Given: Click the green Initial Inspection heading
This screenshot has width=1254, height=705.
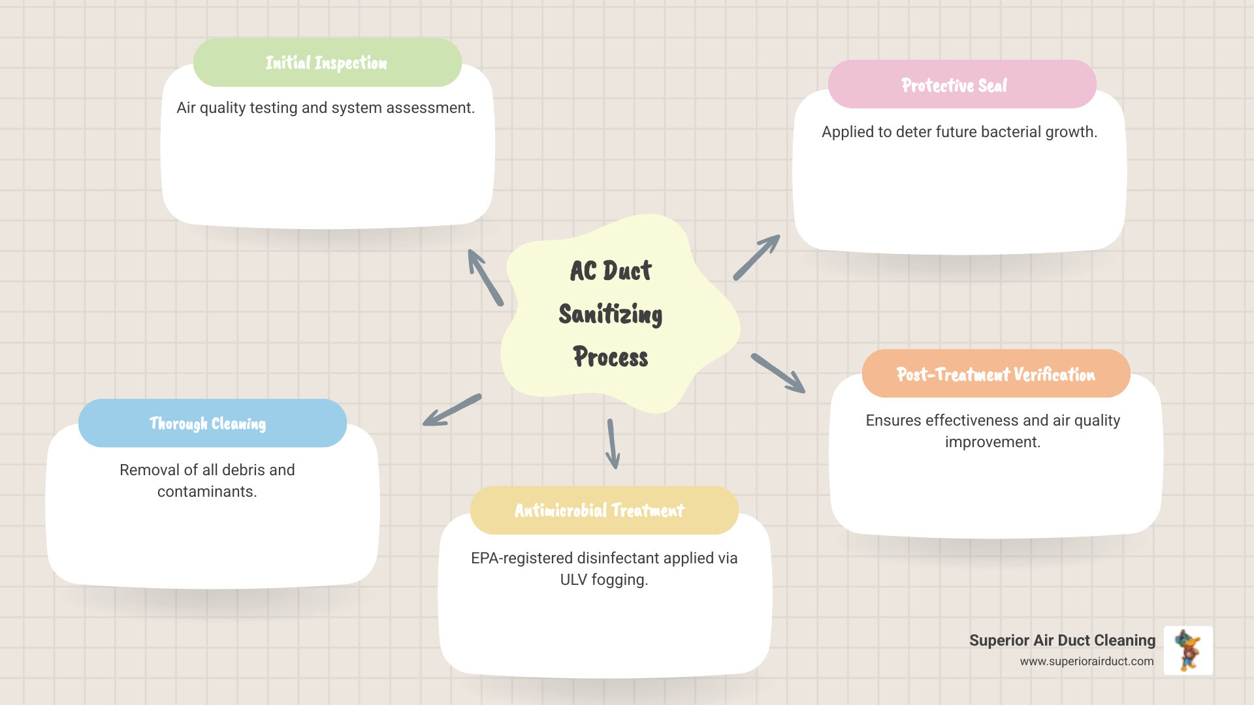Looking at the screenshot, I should coord(327,63).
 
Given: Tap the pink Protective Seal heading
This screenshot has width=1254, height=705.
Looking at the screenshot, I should coord(954,86).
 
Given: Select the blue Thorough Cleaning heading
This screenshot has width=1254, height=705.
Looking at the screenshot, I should coord(208,424).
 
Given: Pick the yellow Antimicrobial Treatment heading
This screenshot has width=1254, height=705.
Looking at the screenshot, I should coord(600,510).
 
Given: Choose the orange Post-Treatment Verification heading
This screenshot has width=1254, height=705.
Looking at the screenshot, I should coord(995,375).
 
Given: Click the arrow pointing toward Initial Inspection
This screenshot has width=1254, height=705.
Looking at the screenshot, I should coord(485,277).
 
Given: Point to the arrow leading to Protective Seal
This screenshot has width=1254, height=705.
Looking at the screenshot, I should coord(757,257).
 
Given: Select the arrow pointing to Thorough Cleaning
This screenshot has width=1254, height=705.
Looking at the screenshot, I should coord(452,410).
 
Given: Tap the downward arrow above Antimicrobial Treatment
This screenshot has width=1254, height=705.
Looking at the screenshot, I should coord(612,444).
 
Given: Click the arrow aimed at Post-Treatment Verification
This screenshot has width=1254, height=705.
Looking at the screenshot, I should coord(779,373).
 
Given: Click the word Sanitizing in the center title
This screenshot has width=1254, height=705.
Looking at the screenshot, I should coord(611,314).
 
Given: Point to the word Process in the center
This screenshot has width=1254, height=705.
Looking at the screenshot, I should coord(611,357).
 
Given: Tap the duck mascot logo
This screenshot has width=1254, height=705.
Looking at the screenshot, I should coord(1188,650).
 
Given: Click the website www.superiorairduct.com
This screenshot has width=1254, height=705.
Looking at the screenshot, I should coord(1087,661).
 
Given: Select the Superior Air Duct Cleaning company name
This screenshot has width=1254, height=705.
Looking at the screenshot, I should coord(1062,640).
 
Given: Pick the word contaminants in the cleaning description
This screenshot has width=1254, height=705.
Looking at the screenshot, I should coord(207,492).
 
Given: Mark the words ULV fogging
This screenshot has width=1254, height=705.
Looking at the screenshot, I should coord(604,580).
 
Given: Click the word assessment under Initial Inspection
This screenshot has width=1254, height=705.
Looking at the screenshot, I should coord(430,108).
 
